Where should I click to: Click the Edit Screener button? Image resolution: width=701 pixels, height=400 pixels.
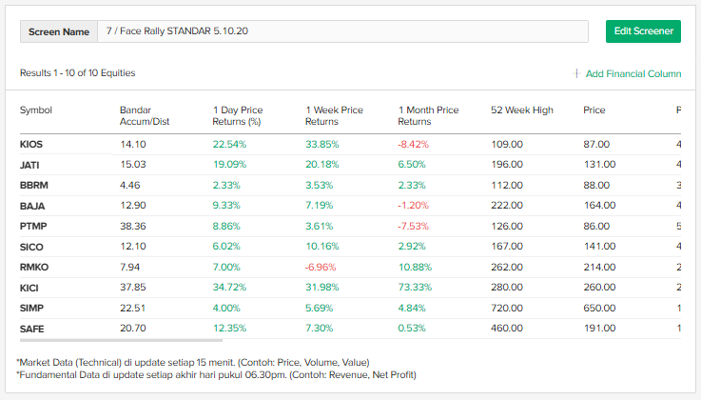[643, 31]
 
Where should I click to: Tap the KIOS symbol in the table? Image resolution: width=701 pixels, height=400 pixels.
[31, 144]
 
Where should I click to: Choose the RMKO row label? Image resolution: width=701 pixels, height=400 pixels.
[33, 267]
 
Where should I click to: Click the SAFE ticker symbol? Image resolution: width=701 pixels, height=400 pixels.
[32, 329]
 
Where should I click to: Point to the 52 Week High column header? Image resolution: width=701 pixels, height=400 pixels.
[521, 110]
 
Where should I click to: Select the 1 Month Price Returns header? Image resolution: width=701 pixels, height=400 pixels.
[428, 116]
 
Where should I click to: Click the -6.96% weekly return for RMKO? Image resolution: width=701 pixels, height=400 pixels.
[321, 267]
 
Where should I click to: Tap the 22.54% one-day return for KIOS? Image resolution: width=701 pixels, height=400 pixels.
[229, 144]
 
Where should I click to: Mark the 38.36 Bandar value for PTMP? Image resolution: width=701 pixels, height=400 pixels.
[133, 226]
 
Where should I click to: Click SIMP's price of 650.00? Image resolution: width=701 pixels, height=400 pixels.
[599, 308]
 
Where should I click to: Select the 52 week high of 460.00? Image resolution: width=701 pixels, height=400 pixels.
[506, 329]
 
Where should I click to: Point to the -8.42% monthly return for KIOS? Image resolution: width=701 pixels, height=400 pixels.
[414, 144]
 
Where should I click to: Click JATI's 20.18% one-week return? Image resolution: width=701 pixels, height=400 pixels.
[322, 165]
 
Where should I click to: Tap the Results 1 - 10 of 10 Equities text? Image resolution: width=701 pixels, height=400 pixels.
[77, 72]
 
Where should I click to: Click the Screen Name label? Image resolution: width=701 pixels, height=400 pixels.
[59, 31]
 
